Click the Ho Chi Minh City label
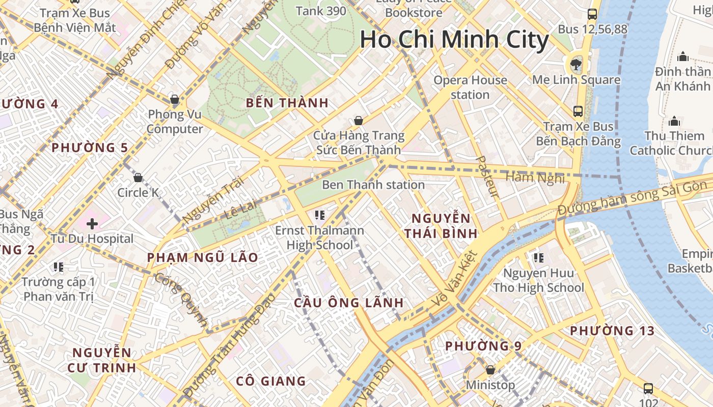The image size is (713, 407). [454, 40]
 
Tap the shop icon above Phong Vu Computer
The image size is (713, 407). [175, 99]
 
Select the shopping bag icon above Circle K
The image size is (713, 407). [138, 178]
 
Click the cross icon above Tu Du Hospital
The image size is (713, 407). [92, 224]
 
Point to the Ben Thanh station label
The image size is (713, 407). [373, 185]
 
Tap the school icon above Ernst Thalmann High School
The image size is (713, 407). [320, 215]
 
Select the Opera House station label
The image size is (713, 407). [470, 87]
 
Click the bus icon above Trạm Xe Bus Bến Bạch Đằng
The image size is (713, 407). [578, 111]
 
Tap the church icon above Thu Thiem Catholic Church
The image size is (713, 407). [675, 121]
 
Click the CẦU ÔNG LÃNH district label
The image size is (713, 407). [349, 303]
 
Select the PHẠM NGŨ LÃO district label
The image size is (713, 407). [203, 257]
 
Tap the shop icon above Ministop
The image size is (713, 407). [490, 370]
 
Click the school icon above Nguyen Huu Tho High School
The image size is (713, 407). [538, 258]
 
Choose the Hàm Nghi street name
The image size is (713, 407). [535, 178]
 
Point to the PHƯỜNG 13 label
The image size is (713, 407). [612, 331]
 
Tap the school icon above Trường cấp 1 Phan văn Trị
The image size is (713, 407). [59, 267]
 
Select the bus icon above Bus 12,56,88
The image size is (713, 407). [592, 14]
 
